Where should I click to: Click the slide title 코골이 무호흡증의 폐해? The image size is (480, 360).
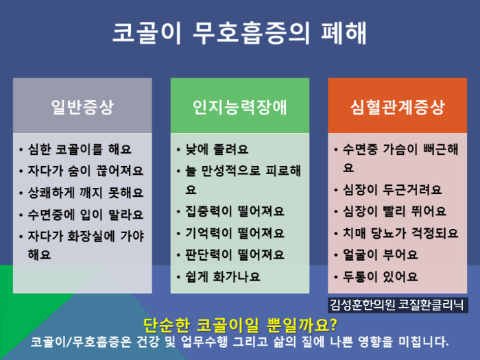(239, 33)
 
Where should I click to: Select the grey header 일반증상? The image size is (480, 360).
(82, 107)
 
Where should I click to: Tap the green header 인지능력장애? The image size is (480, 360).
(240, 107)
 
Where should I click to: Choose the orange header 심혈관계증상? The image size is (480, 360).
(397, 107)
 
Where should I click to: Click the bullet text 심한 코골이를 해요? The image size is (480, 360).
(80, 149)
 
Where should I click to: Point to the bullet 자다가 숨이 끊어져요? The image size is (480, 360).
(86, 171)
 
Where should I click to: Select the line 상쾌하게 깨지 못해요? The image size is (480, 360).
(86, 193)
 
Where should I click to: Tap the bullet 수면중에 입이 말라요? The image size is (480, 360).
(86, 215)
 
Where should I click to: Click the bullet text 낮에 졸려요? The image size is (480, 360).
(217, 149)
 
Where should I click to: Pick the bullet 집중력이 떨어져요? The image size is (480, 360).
(235, 211)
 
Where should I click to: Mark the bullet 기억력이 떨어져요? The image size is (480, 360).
(235, 233)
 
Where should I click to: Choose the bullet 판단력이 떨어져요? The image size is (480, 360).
(235, 254)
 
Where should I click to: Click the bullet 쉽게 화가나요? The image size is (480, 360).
(223, 277)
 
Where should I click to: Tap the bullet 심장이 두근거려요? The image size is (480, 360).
(392, 190)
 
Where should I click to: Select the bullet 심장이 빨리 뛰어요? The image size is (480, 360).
(394, 211)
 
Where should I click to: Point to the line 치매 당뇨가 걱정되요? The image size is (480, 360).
(400, 233)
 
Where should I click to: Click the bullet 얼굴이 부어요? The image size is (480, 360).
(380, 254)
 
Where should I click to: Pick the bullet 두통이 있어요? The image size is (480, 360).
(380, 277)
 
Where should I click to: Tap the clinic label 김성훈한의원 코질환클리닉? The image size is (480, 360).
(397, 305)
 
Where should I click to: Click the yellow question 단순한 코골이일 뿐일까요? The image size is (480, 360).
(240, 325)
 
